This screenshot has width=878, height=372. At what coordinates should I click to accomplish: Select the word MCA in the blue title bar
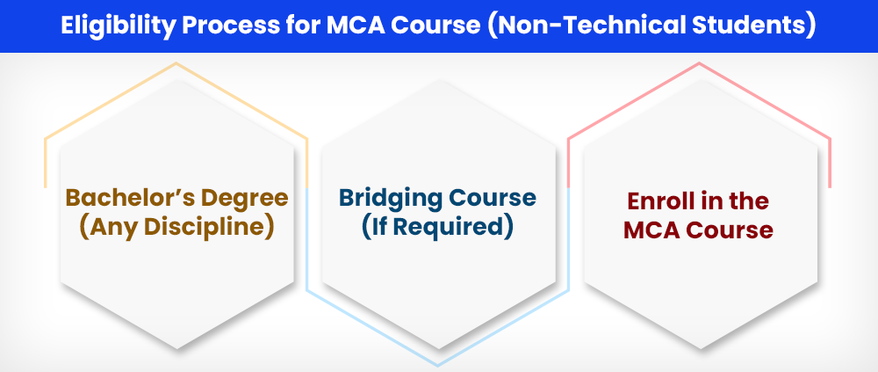tap(353, 26)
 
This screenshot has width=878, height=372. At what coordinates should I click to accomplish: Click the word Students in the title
tap(752, 26)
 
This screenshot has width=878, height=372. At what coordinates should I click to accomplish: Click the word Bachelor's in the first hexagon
tap(127, 198)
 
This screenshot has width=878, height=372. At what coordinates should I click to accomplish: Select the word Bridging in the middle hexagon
tap(387, 199)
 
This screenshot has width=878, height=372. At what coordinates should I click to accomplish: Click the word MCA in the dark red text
tap(650, 230)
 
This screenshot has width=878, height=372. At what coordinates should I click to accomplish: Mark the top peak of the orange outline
tap(176, 62)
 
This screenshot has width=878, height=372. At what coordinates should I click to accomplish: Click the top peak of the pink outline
tap(699, 62)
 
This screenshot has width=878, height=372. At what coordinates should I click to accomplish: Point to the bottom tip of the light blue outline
tap(438, 366)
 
